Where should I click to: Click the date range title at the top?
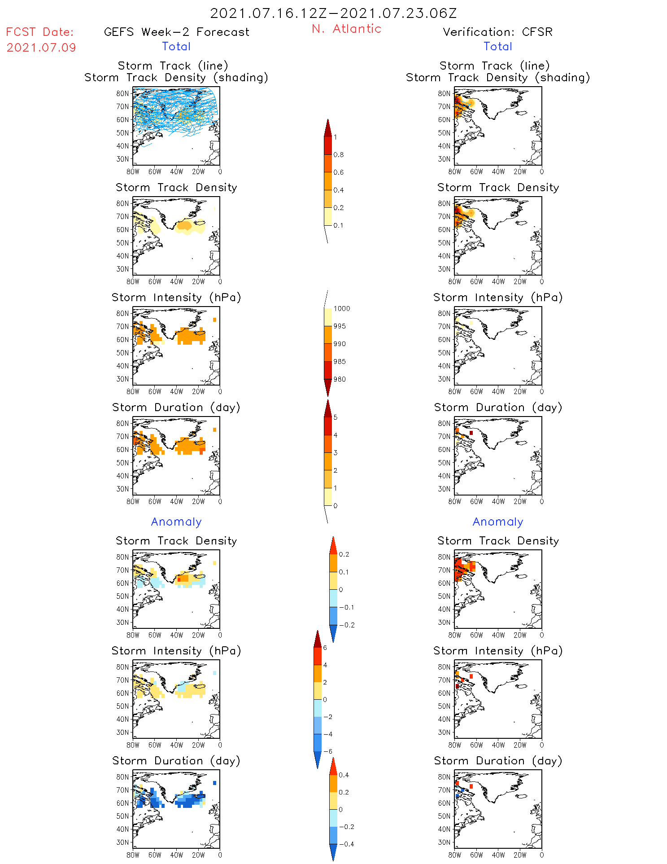coord(333,13)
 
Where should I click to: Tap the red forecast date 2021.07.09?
coord(41,48)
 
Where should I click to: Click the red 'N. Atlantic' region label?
coord(346,29)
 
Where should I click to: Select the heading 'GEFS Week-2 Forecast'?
coord(176,32)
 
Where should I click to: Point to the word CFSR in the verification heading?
coord(537,32)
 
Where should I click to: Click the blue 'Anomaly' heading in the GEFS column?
coord(176,522)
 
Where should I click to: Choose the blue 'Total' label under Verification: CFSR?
coord(497,46)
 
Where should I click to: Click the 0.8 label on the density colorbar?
coord(339,155)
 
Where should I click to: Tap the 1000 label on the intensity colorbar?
coord(341,308)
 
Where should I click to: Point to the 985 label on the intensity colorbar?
coord(340,361)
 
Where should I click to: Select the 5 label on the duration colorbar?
coord(336,417)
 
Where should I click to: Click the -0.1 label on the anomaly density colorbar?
coord(346,607)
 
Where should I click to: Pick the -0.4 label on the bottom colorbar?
coord(346,844)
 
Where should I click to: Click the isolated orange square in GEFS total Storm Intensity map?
coord(215,320)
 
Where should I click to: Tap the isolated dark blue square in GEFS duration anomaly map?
coord(215,783)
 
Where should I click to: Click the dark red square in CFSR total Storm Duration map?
coord(471,433)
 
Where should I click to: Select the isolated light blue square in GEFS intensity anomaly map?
coord(215,673)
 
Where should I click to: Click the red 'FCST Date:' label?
coord(39,32)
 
